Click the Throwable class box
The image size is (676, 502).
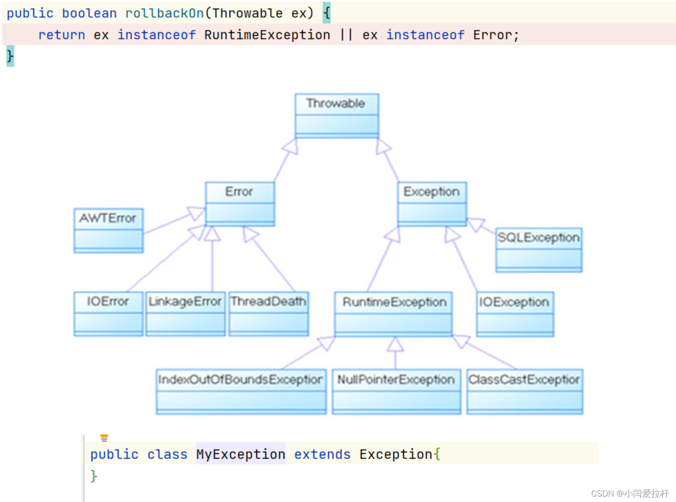(336, 116)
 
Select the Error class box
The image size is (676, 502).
(240, 204)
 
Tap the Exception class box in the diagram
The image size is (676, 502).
(432, 204)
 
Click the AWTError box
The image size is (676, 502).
(108, 230)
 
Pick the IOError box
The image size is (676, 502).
(108, 314)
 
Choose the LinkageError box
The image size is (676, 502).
(185, 314)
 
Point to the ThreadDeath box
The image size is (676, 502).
(268, 314)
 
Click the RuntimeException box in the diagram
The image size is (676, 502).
(394, 314)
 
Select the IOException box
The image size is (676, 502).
(515, 314)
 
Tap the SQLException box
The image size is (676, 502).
(539, 250)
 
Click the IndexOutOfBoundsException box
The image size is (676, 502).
(241, 391)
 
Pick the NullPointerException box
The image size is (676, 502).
(396, 391)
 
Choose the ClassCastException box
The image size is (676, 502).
(525, 391)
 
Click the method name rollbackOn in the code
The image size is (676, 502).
(165, 13)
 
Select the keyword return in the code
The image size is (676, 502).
(62, 35)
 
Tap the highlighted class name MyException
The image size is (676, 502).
(241, 454)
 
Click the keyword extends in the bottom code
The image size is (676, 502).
(322, 454)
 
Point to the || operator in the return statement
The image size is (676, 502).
(346, 35)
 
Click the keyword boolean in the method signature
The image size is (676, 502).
(89, 13)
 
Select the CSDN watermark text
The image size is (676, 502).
(630, 493)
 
